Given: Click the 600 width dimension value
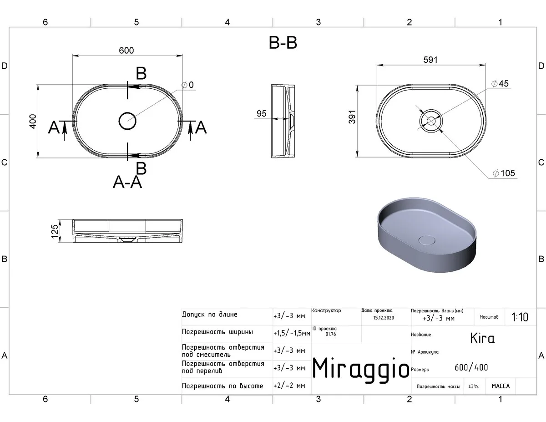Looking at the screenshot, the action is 126,51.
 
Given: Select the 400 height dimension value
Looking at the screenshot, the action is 33,122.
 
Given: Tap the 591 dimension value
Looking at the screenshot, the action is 430,60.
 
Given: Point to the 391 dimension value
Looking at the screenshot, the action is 352,117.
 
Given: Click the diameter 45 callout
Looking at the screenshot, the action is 500,83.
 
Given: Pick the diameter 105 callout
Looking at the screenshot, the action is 504,173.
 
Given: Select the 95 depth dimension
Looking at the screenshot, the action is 261,114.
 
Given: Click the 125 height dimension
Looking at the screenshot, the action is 55,231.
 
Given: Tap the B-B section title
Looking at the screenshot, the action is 283,42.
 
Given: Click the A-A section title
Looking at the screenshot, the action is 127,182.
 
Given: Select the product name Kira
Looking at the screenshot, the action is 482,338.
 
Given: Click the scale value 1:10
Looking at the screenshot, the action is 520,317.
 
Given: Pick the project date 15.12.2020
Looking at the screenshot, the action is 384,318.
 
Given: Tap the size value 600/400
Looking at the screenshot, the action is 471,367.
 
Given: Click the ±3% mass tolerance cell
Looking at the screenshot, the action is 473,386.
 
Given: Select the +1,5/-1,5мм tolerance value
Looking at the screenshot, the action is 292,333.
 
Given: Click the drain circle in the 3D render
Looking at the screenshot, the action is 427,240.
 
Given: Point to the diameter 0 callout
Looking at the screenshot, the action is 187,85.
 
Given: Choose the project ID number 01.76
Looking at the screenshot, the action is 331,334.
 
